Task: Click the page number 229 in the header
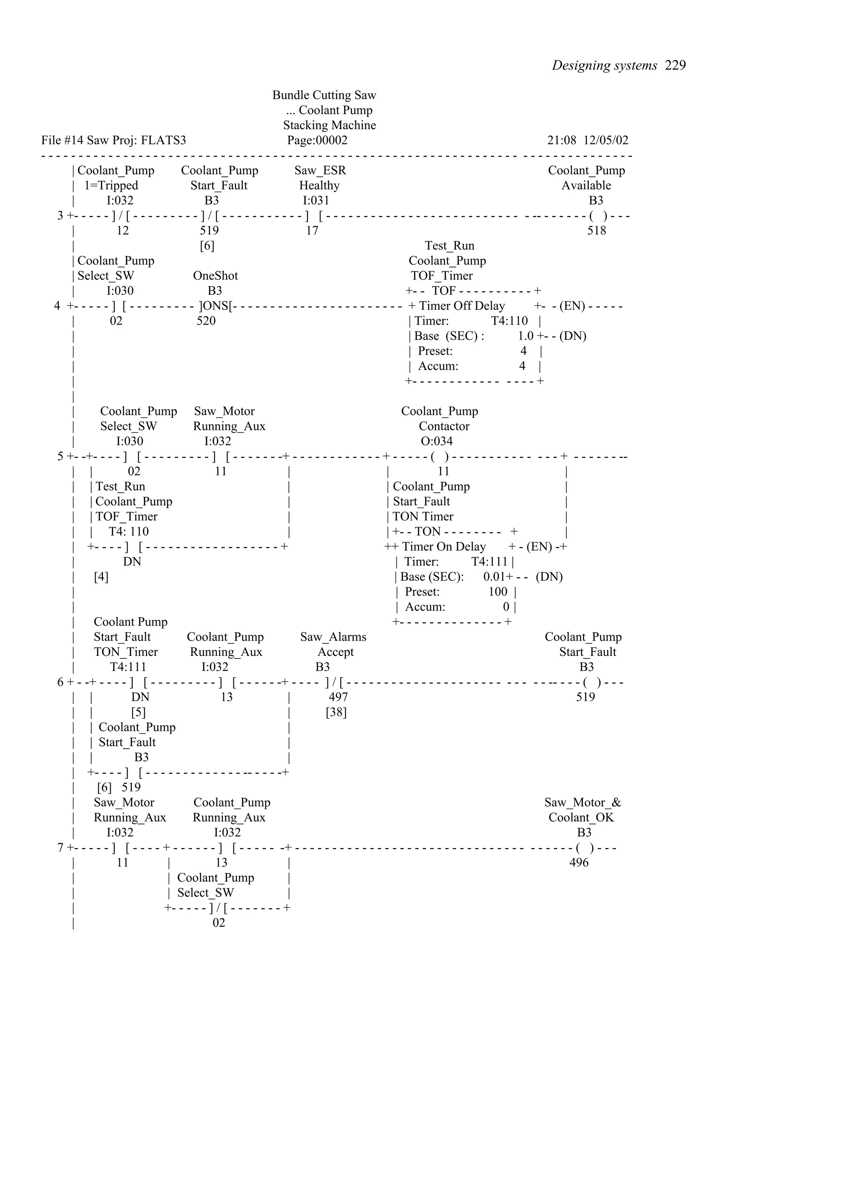[x=675, y=65]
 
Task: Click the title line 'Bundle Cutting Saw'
[x=324, y=95]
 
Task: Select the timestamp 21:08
[x=561, y=140]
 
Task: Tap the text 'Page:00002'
[x=317, y=140]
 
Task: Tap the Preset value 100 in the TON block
[x=497, y=592]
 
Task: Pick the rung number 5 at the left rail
[x=60, y=456]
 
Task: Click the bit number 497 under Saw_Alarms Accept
[x=338, y=697]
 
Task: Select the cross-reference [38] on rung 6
[x=336, y=712]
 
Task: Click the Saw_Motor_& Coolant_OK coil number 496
[x=579, y=863]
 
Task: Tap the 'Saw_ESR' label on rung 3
[x=320, y=170]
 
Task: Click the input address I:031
[x=316, y=201]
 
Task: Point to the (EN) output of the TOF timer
[x=572, y=306]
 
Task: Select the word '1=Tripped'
[x=112, y=186]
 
